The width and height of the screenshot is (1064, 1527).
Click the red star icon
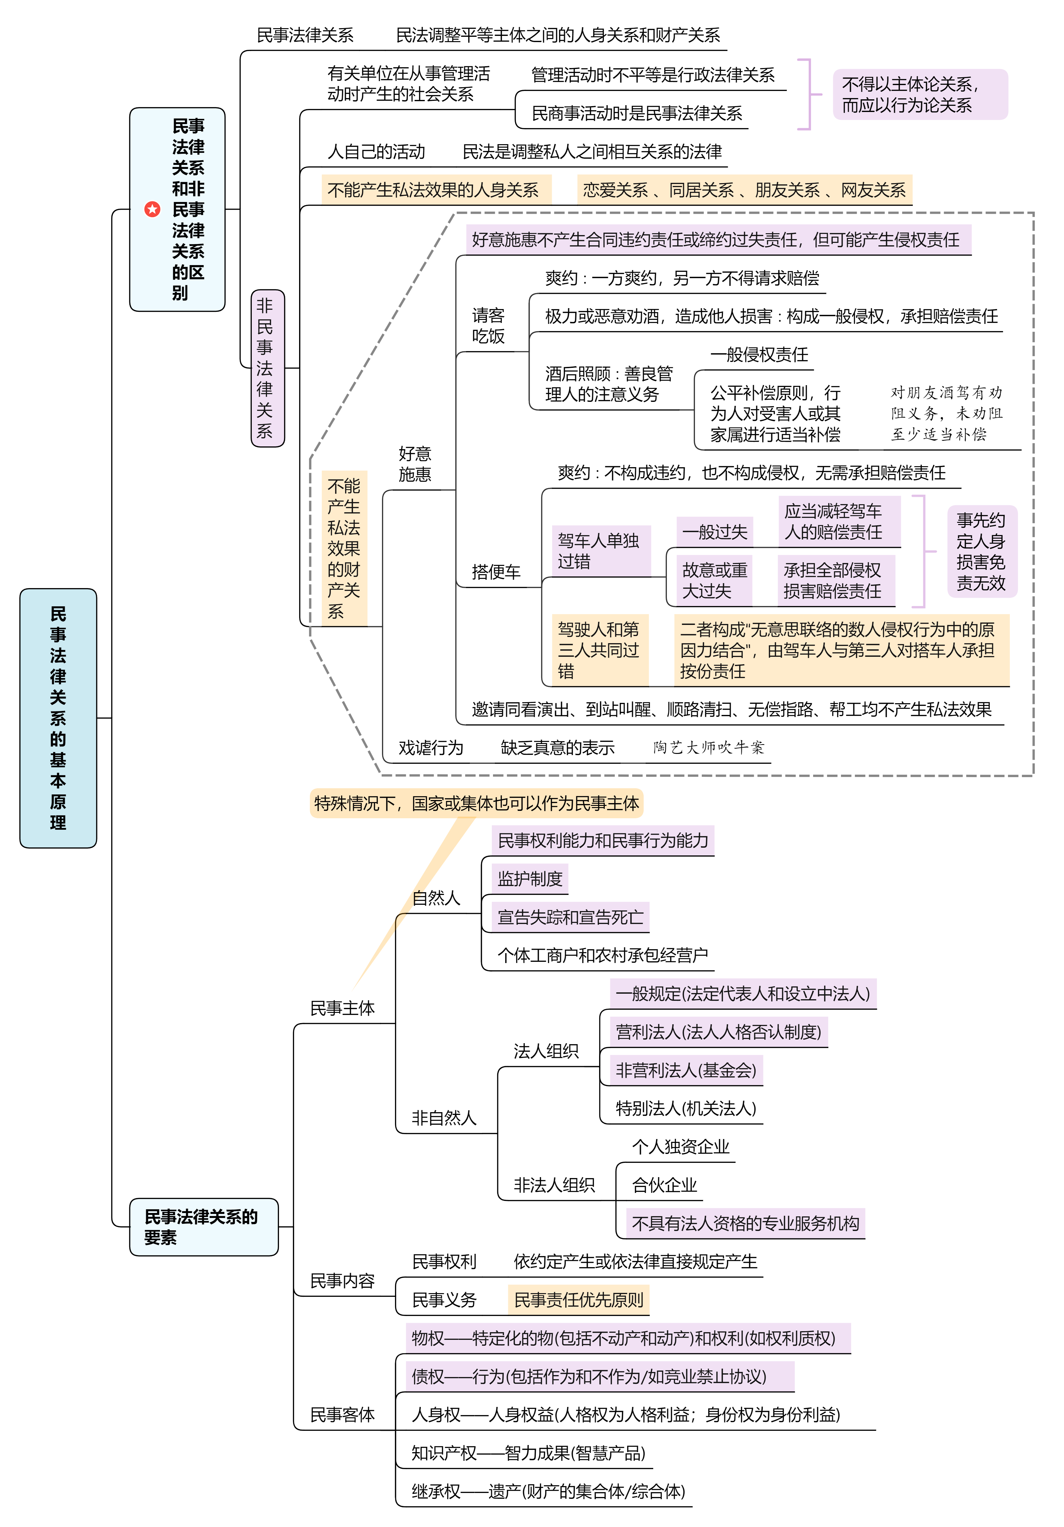(x=152, y=209)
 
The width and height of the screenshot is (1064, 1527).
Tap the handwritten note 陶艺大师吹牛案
(x=708, y=747)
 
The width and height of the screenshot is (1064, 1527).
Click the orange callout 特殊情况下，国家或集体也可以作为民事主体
(x=476, y=803)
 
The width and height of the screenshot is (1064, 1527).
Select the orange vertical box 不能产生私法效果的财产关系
(x=344, y=549)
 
